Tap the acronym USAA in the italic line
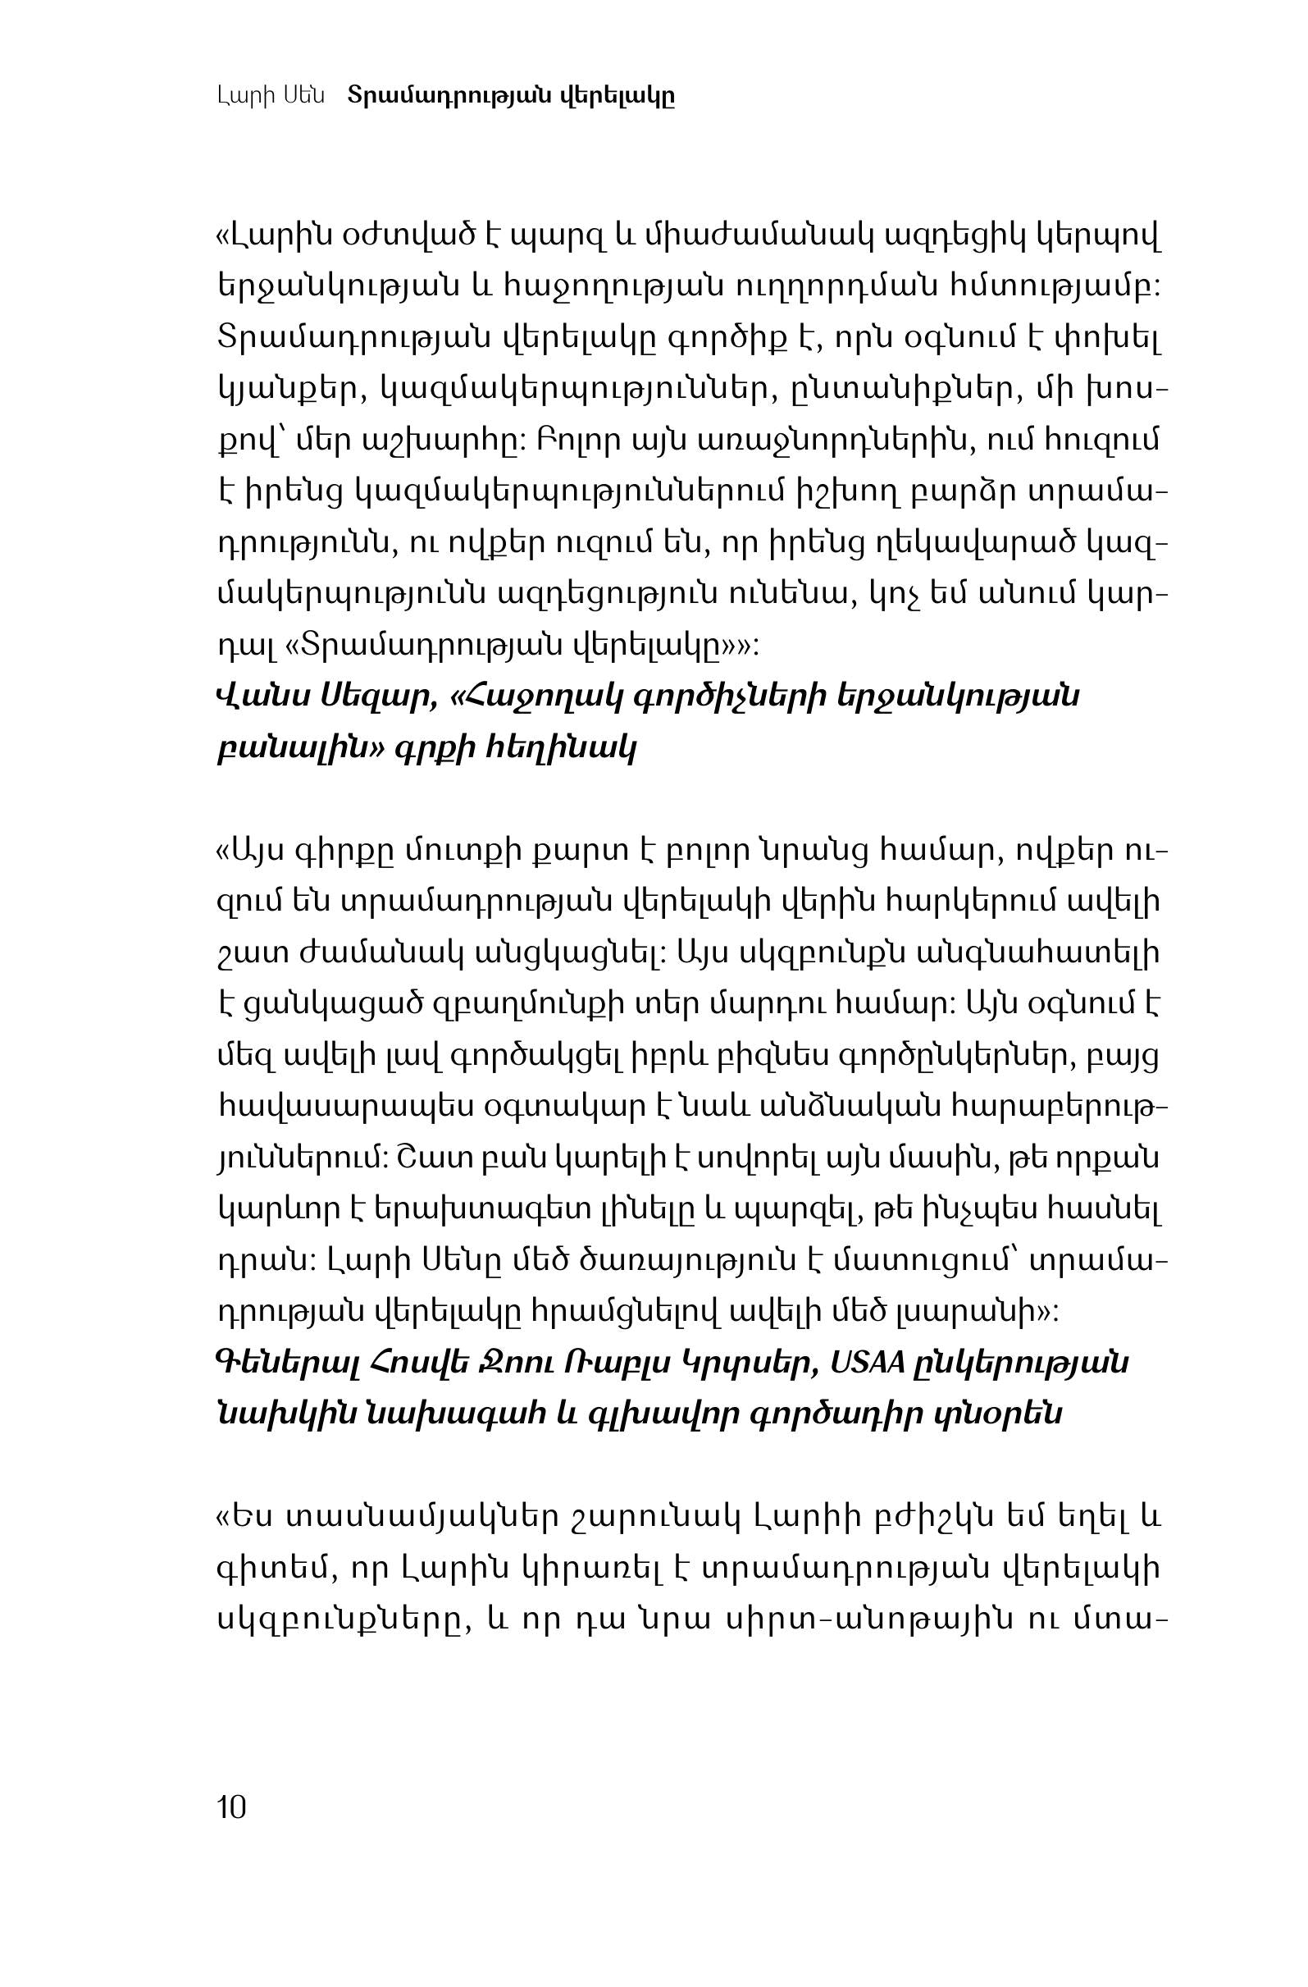(x=868, y=1363)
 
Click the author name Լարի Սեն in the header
(x=270, y=96)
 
